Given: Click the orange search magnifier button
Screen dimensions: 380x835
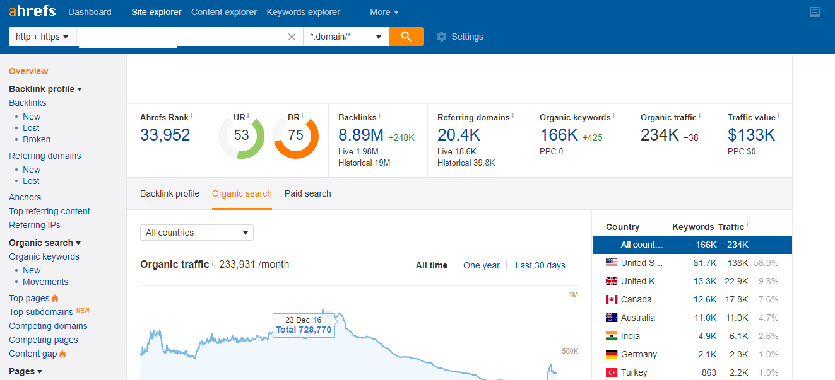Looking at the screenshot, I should click(406, 37).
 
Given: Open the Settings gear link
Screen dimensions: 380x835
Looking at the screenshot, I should click(460, 37).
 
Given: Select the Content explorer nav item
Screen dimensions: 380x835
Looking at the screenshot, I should click(223, 12).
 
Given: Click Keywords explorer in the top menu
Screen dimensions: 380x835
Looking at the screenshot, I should click(303, 12).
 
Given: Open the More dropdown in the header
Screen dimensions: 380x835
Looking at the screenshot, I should click(384, 12).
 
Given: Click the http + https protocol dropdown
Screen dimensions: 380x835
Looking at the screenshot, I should click(42, 37).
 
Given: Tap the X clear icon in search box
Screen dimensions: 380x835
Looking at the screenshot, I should click(292, 37).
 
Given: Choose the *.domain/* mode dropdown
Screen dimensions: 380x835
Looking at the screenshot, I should click(345, 37).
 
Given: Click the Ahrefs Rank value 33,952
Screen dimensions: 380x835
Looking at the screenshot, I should click(165, 135).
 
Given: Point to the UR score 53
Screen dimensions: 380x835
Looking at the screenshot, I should click(241, 135).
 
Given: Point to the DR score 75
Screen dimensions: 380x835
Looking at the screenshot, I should click(295, 135).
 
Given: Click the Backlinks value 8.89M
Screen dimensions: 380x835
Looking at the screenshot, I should click(360, 135).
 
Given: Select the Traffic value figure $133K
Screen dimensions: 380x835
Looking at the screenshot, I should click(751, 135).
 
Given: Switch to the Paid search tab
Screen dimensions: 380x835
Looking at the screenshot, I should click(307, 193).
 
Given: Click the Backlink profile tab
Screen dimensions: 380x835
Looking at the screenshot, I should click(169, 193).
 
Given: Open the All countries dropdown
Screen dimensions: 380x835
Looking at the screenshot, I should click(196, 233).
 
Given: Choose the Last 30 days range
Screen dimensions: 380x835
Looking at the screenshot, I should click(540, 265).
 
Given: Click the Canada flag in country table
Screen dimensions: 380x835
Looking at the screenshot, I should click(611, 299).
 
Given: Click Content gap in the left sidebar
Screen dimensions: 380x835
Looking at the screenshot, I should click(33, 354).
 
